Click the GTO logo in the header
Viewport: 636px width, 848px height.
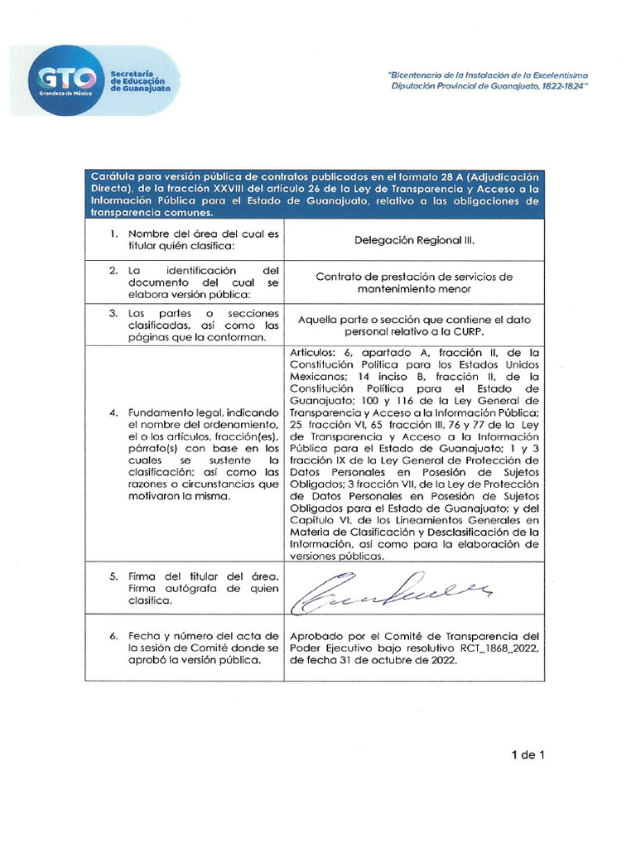click(66, 81)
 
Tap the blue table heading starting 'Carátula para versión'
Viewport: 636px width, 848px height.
click(314, 194)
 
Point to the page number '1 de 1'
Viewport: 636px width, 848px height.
click(528, 754)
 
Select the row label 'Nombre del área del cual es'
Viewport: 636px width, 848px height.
click(203, 234)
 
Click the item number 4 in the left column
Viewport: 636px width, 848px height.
click(113, 412)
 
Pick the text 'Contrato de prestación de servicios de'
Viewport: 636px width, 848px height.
click(414, 277)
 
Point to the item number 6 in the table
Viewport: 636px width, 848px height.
click(113, 635)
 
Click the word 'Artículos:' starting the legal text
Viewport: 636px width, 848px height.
click(314, 352)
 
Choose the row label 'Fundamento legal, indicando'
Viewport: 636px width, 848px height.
click(203, 412)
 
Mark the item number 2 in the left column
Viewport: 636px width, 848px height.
click(113, 271)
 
